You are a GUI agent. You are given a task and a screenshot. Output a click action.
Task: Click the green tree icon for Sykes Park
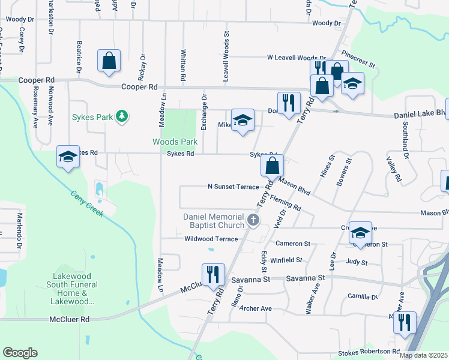[x=122, y=116]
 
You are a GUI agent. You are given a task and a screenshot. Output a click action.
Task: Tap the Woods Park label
[x=175, y=142]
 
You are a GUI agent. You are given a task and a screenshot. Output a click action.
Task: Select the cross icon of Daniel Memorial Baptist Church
[x=253, y=220]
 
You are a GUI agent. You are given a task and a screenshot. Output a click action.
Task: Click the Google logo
[x=20, y=352]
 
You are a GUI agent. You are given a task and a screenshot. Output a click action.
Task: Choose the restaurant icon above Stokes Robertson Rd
[x=405, y=323]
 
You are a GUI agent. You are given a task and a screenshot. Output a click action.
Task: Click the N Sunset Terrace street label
[x=233, y=187]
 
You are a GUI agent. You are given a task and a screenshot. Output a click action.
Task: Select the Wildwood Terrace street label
[x=212, y=239]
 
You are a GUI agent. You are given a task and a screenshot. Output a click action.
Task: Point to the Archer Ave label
[x=256, y=308]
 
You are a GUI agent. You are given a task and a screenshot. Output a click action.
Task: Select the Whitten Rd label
[x=182, y=65]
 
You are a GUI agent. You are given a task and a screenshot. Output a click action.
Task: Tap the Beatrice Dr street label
[x=79, y=57]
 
